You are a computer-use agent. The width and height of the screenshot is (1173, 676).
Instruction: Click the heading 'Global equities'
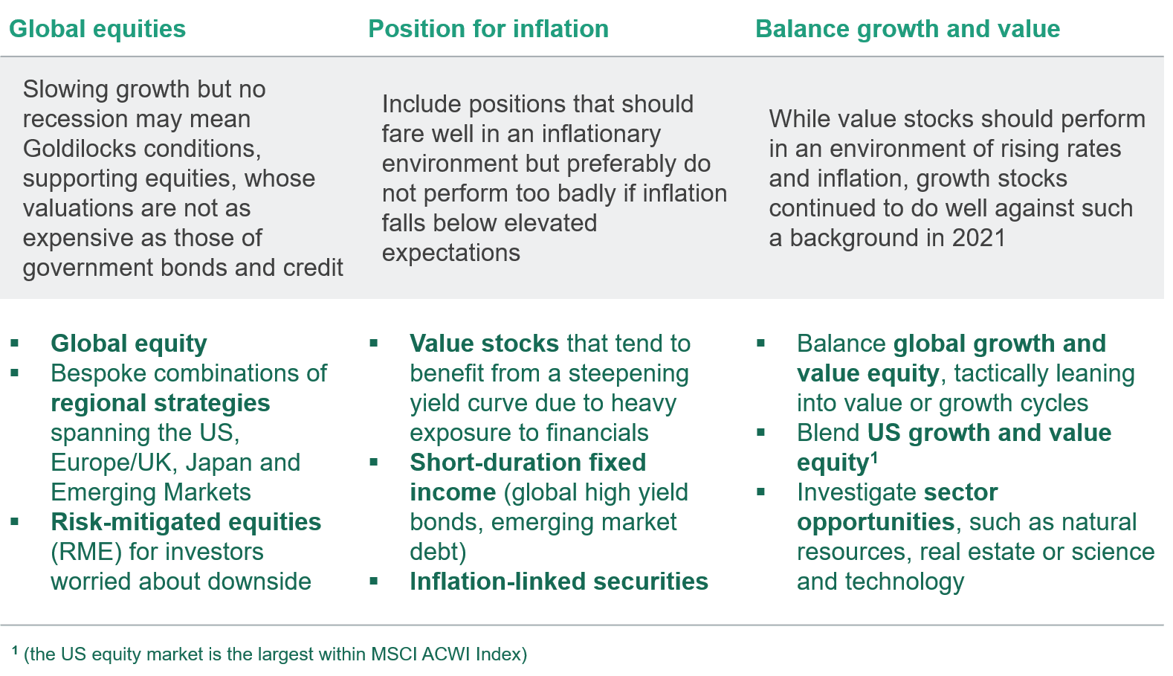point(97,29)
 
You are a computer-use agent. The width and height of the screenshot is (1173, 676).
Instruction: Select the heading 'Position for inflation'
point(488,29)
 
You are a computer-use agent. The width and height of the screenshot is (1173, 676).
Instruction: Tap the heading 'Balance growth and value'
point(908,29)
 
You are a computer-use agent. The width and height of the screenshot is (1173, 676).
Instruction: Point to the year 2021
point(979,238)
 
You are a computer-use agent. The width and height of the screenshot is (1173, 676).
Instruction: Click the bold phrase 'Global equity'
point(129,344)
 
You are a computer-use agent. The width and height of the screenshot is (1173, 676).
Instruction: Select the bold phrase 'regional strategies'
point(161,404)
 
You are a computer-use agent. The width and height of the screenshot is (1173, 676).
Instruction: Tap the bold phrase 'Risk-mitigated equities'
point(186,523)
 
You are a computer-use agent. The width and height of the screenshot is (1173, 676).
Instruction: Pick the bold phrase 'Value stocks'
point(485,344)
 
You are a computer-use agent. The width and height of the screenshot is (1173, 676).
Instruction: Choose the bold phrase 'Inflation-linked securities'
point(559,582)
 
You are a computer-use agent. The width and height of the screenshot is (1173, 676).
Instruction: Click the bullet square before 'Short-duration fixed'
point(373,463)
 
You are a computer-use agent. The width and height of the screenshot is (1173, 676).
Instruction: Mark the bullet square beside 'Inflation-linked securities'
point(373,582)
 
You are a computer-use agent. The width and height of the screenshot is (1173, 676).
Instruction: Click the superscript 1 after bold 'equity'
point(873,458)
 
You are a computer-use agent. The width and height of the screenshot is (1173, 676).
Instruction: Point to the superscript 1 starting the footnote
point(15,650)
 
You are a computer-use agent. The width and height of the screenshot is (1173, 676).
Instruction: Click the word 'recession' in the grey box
point(68,120)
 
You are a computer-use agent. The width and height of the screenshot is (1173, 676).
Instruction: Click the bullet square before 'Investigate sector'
point(760,492)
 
